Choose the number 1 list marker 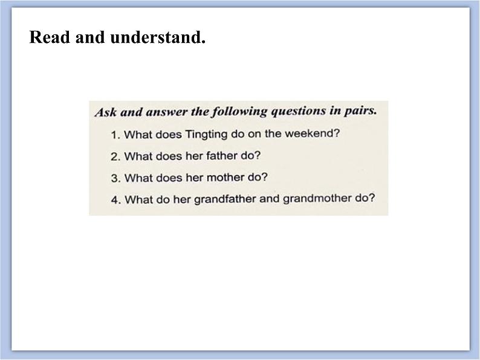click(x=115, y=135)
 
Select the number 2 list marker click(x=115, y=156)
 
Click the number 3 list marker click(x=115, y=178)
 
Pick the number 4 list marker click(x=115, y=201)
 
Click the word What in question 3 click(x=138, y=178)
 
